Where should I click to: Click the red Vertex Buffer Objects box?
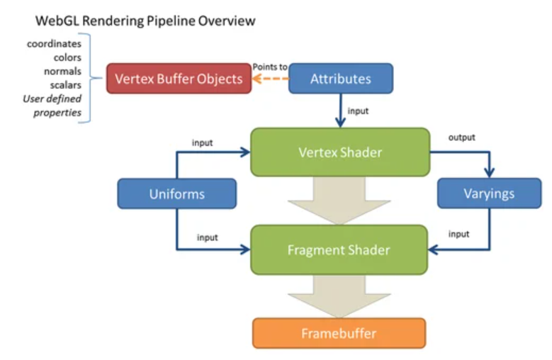[x=179, y=79]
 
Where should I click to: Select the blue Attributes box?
[x=340, y=79]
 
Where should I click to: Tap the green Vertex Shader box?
[x=340, y=152]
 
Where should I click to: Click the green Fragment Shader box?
[x=339, y=249]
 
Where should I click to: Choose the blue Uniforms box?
[x=176, y=193]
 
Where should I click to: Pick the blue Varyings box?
[x=489, y=193]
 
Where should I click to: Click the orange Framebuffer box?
[x=339, y=333]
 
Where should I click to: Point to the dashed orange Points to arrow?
[x=271, y=79]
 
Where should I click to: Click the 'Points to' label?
[x=270, y=67]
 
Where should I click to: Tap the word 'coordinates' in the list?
[x=54, y=44]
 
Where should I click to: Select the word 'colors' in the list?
[x=67, y=57]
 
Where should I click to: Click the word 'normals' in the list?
[x=63, y=71]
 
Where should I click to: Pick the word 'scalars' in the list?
[x=65, y=85]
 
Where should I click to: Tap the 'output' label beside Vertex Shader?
[x=462, y=137]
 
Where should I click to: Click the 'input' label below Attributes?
[x=358, y=111]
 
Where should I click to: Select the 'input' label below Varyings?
[x=460, y=235]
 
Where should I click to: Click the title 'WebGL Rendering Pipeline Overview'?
[x=145, y=21]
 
